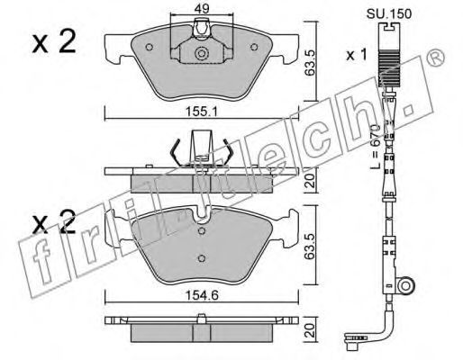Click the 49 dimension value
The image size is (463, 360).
point(202,9)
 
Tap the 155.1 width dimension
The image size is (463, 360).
point(201,112)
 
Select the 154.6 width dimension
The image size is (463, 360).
point(202,295)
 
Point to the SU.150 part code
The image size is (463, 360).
point(389,14)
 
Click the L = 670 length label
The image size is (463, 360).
point(376,146)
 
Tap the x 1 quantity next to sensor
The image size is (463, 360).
point(357,55)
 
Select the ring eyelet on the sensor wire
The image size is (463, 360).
point(405,286)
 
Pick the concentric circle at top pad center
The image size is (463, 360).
point(202,54)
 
